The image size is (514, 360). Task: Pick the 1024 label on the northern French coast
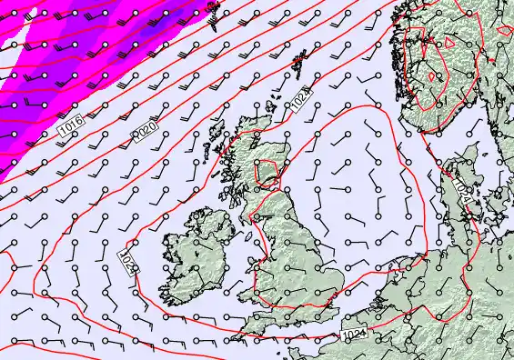coord(355,335)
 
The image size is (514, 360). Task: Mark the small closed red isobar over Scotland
coord(267,170)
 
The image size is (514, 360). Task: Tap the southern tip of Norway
coord(426,128)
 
